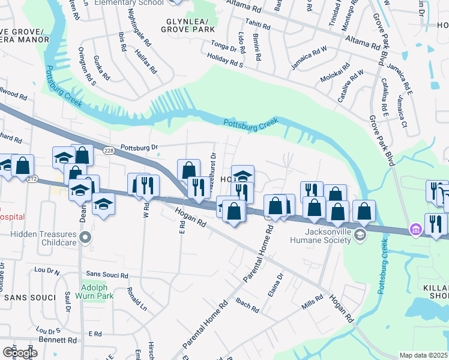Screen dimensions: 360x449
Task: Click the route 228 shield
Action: point(108,151)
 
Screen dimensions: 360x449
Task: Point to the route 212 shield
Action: point(32,179)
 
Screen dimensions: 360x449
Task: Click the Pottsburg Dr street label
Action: point(138,146)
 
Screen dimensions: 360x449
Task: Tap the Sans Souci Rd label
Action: point(107,275)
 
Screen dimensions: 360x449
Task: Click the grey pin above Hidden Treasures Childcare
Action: point(85,238)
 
